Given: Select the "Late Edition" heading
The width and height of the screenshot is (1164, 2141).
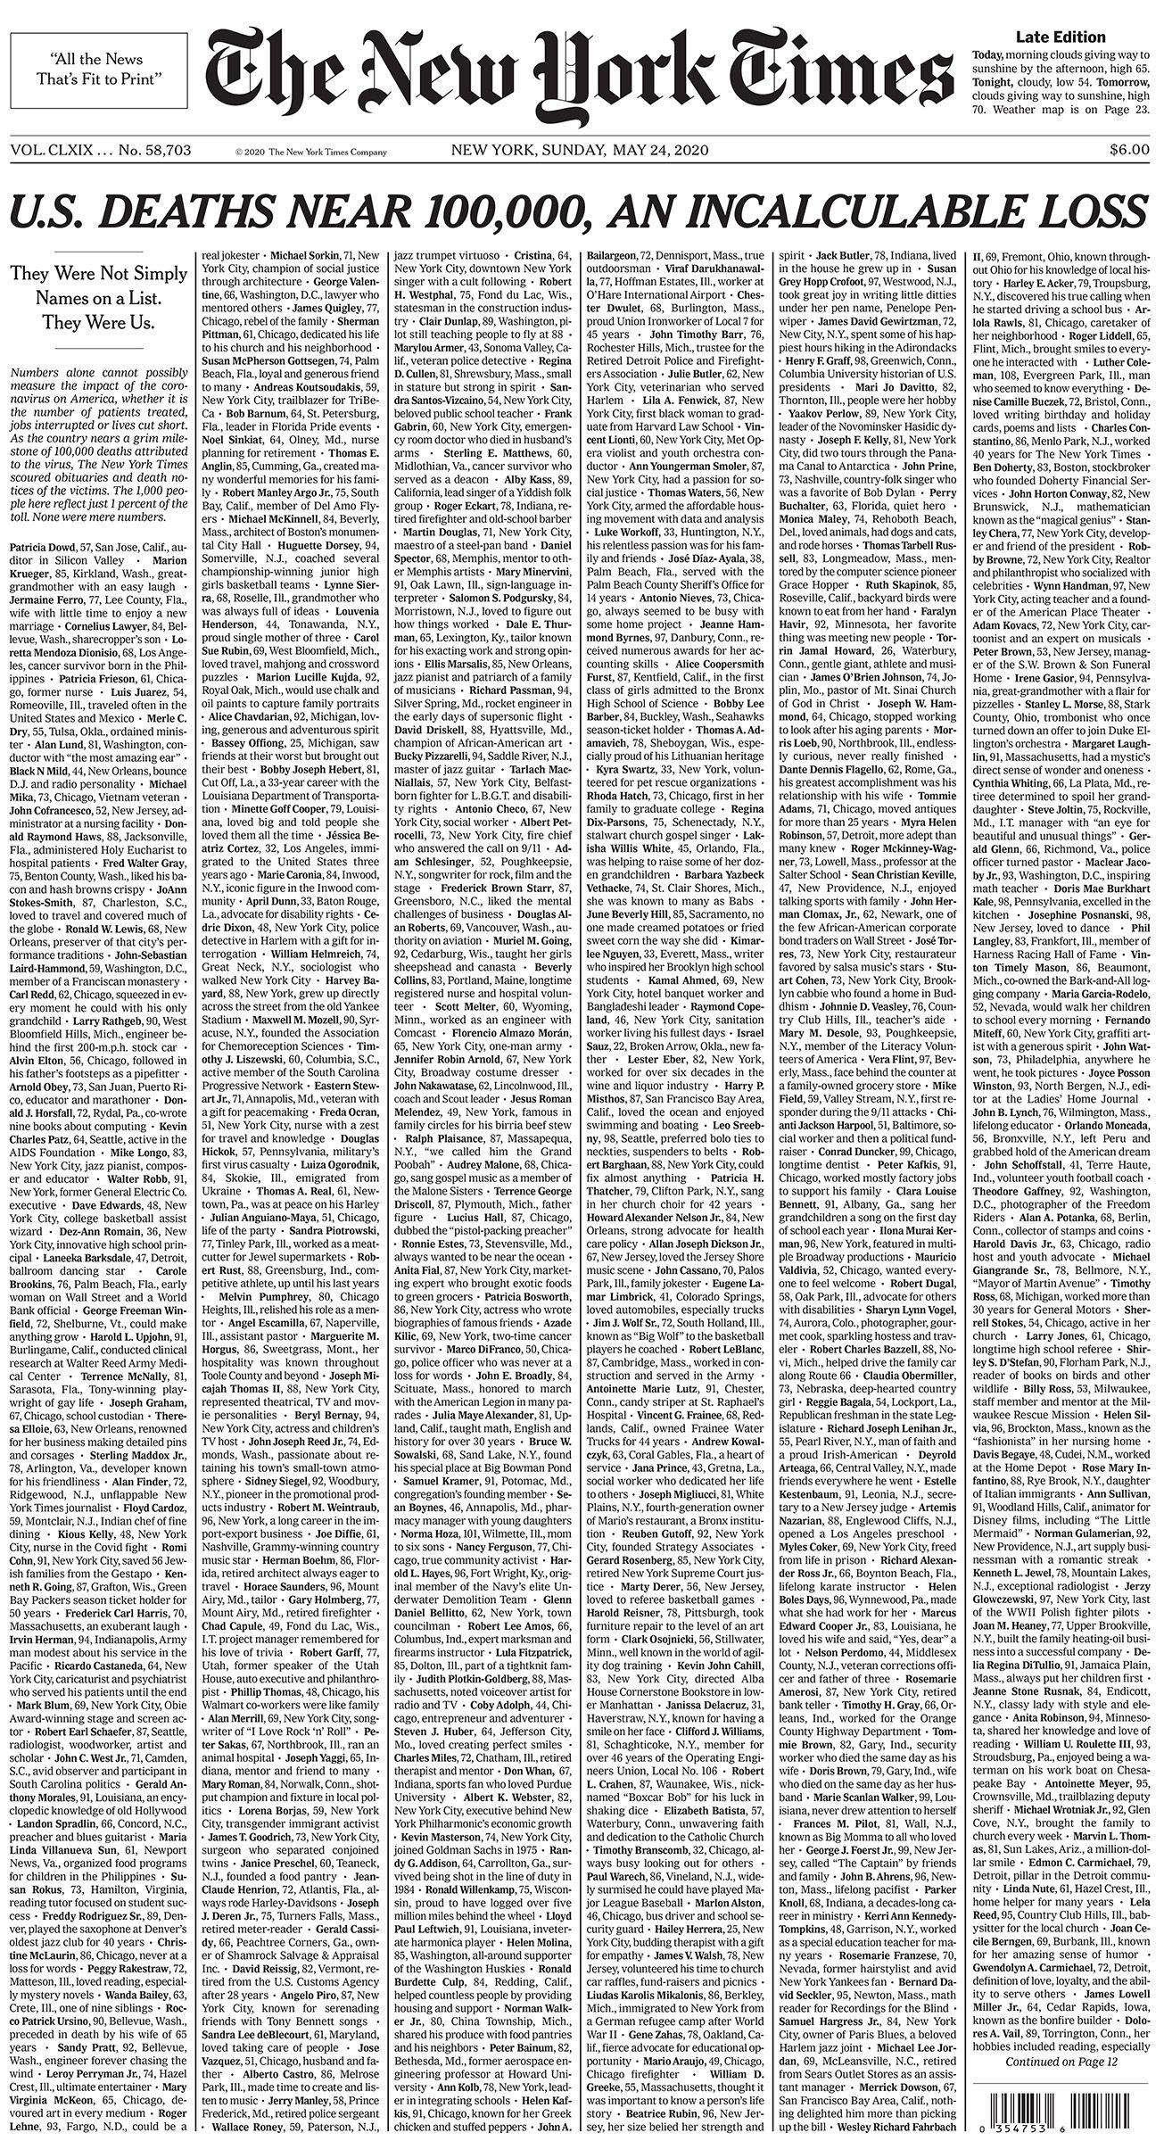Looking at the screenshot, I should pos(1061,37).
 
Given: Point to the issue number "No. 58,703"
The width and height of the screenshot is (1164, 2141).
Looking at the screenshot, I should pos(154,150).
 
